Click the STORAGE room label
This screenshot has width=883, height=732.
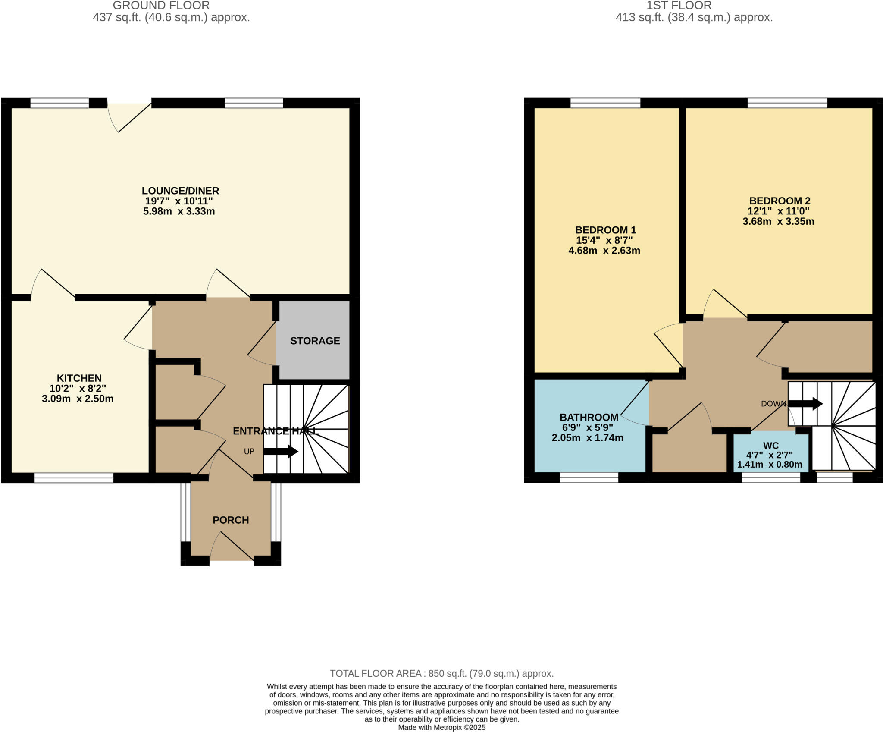pos(315,341)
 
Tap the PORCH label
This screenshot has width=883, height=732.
pos(231,520)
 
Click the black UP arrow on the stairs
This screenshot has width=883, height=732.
pos(281,452)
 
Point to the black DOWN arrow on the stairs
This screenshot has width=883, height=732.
pos(805,404)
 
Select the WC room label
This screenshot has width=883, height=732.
pos(770,446)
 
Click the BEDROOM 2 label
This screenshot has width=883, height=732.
pos(780,201)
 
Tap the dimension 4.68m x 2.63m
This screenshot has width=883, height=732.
pos(604,251)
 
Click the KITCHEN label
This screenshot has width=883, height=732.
pos(79,378)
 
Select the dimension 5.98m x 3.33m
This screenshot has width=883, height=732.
pos(179,211)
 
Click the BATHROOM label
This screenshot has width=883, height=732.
pos(589,417)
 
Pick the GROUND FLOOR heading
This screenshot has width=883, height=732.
pos(161,6)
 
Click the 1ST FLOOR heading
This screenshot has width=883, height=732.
pos(679,6)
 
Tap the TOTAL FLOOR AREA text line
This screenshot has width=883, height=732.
pos(441,673)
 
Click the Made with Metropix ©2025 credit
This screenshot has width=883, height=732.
pos(441,728)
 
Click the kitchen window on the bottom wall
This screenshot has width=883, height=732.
pos(74,478)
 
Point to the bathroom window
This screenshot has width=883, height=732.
pos(589,478)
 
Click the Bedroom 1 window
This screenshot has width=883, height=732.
pos(605,103)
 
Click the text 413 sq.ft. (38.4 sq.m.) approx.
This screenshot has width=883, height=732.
pos(694,18)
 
